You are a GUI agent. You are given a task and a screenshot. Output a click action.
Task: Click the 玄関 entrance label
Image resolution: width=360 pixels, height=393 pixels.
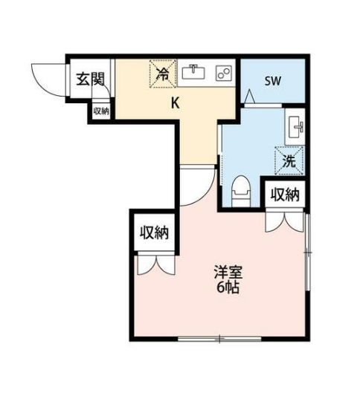[x=90, y=79]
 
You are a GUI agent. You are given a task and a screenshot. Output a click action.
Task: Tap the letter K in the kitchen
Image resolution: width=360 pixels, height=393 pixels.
[x=175, y=103]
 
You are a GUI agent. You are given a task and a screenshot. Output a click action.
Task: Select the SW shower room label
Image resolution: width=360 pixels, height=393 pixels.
[x=273, y=81]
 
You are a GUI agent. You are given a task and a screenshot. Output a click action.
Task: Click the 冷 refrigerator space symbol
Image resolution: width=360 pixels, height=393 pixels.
[x=163, y=74]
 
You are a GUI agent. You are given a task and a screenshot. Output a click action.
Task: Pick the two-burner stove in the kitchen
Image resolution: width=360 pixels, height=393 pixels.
[x=224, y=73]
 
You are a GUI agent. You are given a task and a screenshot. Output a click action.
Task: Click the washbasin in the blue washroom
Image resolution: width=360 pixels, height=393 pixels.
[x=296, y=126]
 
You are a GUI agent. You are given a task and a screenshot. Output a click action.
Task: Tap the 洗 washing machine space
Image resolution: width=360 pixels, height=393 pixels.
[x=289, y=160]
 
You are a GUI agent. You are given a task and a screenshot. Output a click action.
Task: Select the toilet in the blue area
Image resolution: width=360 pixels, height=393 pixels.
[x=241, y=192]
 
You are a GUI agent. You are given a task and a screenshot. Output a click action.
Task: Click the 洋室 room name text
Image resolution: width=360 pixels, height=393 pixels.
[x=228, y=273]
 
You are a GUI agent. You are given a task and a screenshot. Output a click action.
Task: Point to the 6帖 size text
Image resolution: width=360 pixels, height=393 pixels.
[x=228, y=288]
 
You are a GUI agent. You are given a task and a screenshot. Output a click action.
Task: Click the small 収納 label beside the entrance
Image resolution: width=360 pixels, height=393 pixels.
[x=101, y=111]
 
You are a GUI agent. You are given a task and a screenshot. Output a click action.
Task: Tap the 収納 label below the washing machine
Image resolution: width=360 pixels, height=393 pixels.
[x=285, y=195]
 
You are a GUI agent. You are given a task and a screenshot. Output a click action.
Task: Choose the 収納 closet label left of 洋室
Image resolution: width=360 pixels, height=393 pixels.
[x=154, y=233]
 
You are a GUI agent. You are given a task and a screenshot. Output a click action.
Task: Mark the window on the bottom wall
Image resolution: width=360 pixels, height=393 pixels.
[x=219, y=339]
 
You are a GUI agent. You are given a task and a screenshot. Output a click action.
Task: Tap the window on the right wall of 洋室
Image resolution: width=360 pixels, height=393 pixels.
[x=308, y=252]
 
